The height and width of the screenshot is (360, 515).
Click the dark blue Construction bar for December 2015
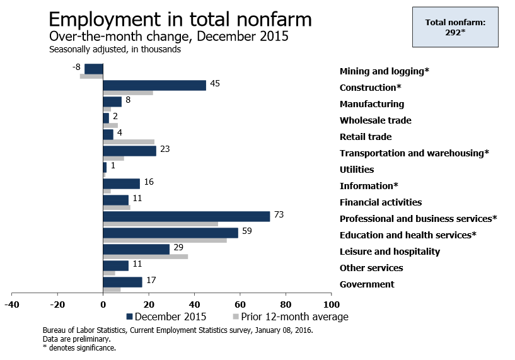pyautogui.click(x=154, y=85)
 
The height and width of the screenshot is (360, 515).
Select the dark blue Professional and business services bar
pyautogui.click(x=186, y=216)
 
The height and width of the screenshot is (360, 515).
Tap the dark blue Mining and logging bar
pyautogui.click(x=94, y=69)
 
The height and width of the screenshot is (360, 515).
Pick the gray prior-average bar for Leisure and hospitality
pyautogui.click(x=145, y=257)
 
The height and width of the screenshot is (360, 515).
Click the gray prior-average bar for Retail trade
pyautogui.click(x=128, y=142)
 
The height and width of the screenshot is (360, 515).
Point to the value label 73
pyautogui.click(x=279, y=216)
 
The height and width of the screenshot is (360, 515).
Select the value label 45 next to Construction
pyautogui.click(x=214, y=84)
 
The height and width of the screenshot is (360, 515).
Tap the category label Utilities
pyautogui.click(x=356, y=170)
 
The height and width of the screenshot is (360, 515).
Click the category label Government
pyautogui.click(x=367, y=284)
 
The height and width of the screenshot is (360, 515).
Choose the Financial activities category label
pyautogui.click(x=380, y=202)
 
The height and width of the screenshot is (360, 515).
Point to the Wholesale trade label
pyautogui.click(x=375, y=120)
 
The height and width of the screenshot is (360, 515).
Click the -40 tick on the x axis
pyautogui.click(x=11, y=304)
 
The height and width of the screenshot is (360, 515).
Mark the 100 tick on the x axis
pyautogui.click(x=331, y=304)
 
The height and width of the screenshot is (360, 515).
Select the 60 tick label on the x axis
pyautogui.click(x=240, y=304)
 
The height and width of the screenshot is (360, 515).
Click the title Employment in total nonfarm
pyautogui.click(x=180, y=19)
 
